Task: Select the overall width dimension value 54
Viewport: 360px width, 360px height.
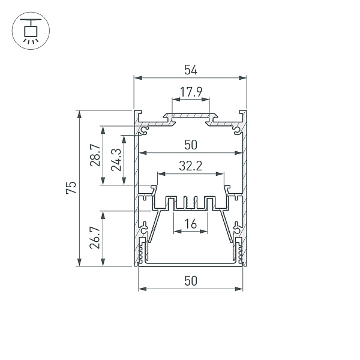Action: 190,70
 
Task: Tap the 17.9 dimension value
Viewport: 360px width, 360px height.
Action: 190,92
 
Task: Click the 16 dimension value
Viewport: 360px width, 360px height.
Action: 190,224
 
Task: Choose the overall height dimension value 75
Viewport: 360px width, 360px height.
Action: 71,188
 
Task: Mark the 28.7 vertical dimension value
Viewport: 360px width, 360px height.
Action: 94,156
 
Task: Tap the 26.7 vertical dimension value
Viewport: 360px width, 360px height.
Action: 94,238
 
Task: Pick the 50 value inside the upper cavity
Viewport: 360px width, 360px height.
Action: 190,145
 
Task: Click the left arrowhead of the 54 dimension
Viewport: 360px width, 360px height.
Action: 136,77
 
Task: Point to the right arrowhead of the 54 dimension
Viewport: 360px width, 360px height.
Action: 244,77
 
